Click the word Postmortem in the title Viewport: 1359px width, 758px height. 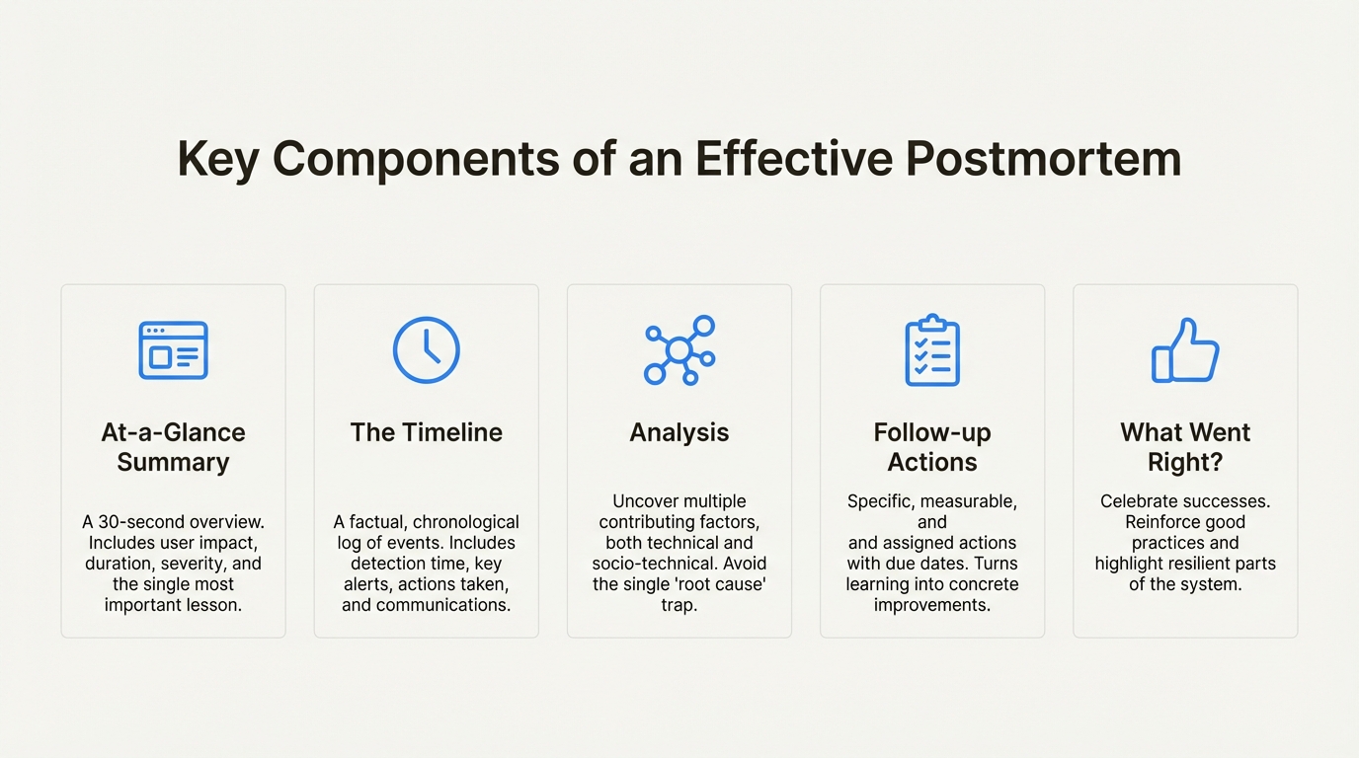(x=1043, y=159)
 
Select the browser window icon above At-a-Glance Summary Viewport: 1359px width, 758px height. (x=173, y=350)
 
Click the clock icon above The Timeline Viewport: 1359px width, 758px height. (x=427, y=350)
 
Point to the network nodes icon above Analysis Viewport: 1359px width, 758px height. (x=679, y=350)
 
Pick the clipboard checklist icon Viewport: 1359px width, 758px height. (x=932, y=350)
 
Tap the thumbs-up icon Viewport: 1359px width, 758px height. (x=1185, y=350)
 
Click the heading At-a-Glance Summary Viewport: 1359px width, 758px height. (x=173, y=447)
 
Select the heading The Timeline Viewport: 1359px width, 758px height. (x=427, y=432)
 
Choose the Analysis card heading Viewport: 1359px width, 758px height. (x=679, y=432)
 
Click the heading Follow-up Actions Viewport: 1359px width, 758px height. (x=932, y=447)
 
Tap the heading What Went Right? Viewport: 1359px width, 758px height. (x=1185, y=447)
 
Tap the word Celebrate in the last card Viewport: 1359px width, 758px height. (x=1139, y=501)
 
